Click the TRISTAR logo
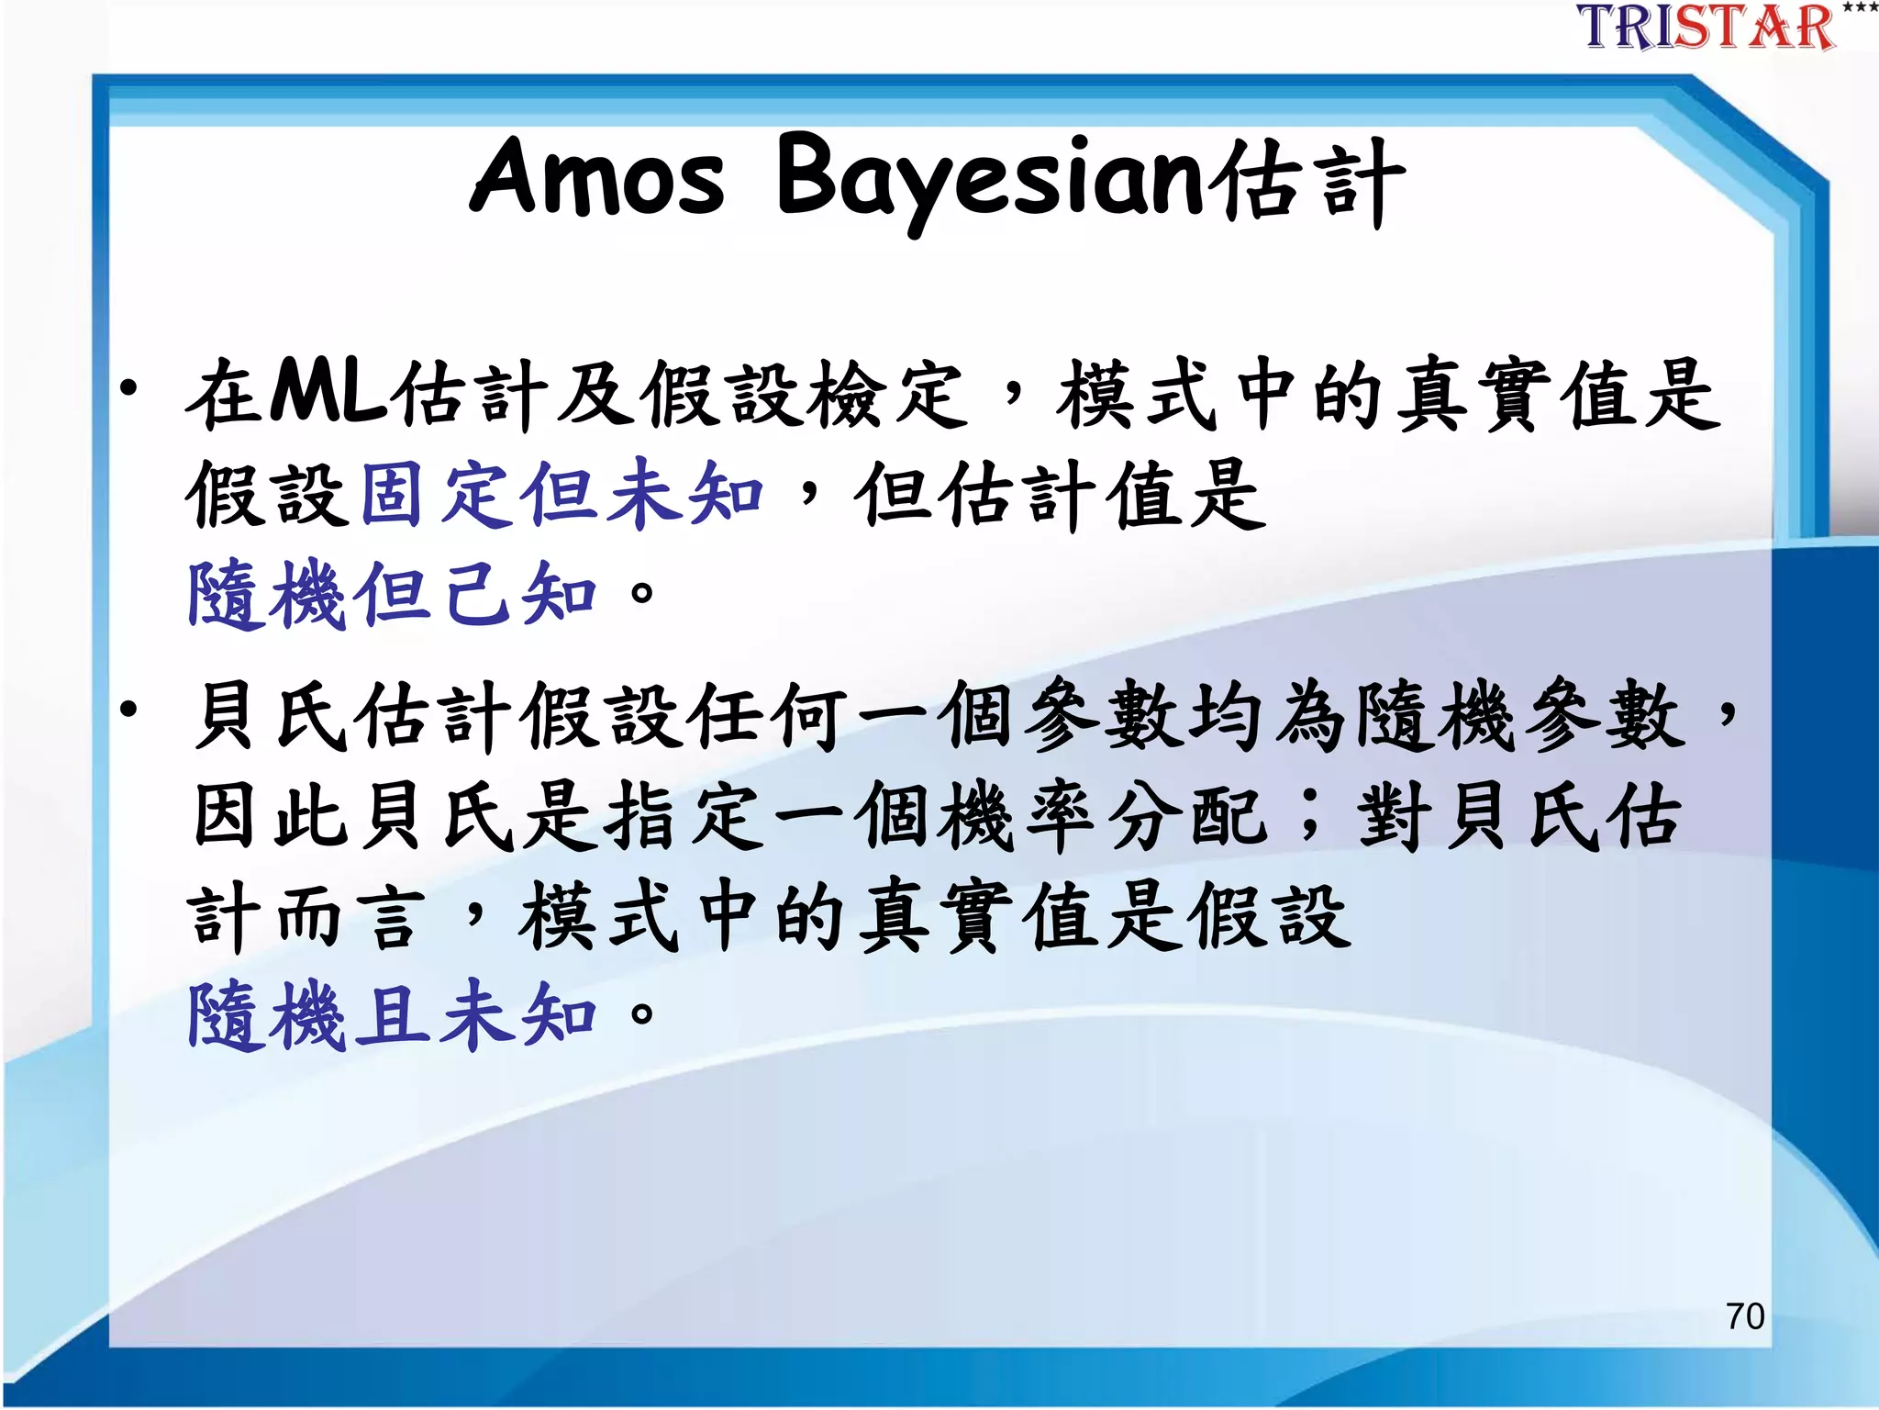(1707, 27)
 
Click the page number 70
(1744, 1316)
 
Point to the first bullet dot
(129, 388)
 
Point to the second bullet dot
(129, 710)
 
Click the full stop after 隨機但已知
(642, 593)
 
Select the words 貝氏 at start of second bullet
(272, 716)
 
